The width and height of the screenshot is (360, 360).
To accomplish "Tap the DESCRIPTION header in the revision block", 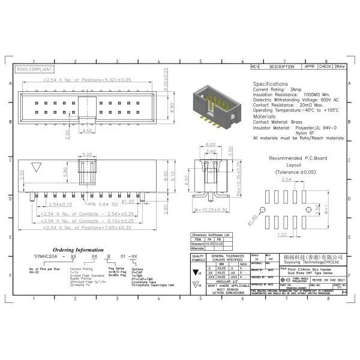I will point(281,67).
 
